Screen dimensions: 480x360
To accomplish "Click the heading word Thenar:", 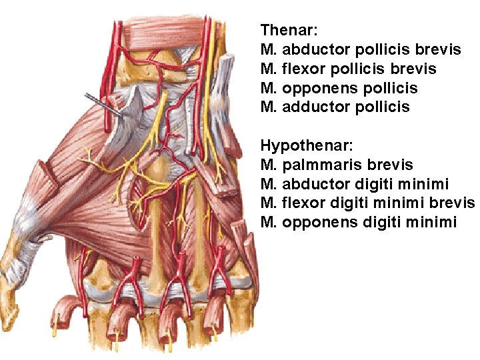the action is click(289, 30).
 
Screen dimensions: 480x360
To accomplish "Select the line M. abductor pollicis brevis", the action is click(361, 49).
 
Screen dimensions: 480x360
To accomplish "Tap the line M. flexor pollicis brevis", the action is click(349, 69).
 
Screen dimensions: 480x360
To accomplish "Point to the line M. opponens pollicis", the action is click(339, 88).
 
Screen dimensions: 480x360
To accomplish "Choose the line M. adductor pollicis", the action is click(335, 107).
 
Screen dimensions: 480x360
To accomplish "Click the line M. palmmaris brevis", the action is click(337, 165).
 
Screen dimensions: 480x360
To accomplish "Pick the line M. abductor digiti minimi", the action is click(355, 184).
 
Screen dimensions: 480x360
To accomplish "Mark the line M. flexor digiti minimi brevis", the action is click(367, 203).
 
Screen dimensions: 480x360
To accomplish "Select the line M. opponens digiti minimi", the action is click(359, 222).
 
